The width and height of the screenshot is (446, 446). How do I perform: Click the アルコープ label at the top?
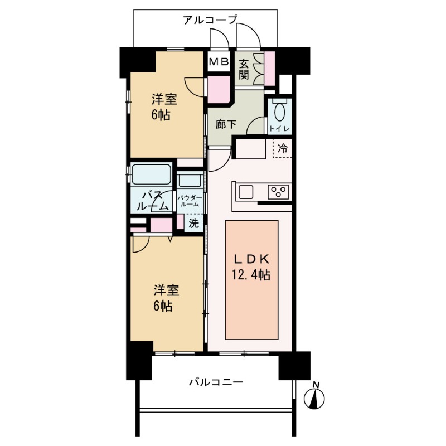[210, 21]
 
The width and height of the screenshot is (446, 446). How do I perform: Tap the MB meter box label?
[218, 62]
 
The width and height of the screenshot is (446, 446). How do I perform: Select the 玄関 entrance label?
[244, 69]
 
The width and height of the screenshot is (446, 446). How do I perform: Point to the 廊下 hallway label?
[226, 124]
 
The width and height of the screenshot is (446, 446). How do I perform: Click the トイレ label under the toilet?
[279, 129]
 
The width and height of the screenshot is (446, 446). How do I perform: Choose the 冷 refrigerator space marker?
[283, 149]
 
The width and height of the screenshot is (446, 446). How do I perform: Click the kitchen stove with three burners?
[278, 192]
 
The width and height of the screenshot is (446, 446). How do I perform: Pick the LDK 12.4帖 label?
[251, 267]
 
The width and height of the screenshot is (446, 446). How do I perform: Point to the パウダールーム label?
[190, 201]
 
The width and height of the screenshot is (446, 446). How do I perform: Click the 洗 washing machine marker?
[193, 224]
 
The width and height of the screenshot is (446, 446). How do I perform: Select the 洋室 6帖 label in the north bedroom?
[164, 108]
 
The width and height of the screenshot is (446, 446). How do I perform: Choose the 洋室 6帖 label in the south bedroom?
[166, 298]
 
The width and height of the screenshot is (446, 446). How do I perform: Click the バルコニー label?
[215, 382]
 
